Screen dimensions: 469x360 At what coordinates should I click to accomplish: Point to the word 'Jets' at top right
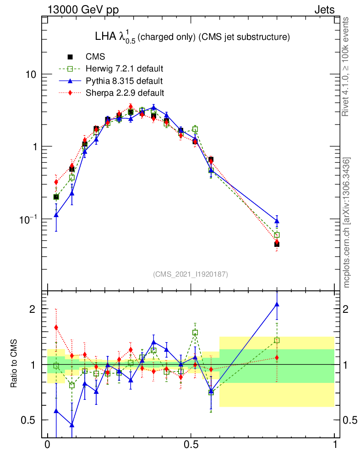[x=324, y=10]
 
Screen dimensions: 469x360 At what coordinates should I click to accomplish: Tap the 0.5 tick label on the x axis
[x=191, y=446]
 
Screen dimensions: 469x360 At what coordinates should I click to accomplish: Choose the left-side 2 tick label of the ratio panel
[x=32, y=309]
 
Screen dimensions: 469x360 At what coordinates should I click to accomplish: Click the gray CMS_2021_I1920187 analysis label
[x=191, y=274]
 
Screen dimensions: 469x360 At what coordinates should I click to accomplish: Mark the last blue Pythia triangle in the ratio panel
[x=277, y=304]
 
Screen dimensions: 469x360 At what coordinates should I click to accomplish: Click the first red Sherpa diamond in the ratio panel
[x=56, y=327]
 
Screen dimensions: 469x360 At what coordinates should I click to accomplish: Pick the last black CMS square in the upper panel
[x=277, y=244]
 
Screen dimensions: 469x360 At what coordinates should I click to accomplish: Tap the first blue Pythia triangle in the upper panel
[x=56, y=214]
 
